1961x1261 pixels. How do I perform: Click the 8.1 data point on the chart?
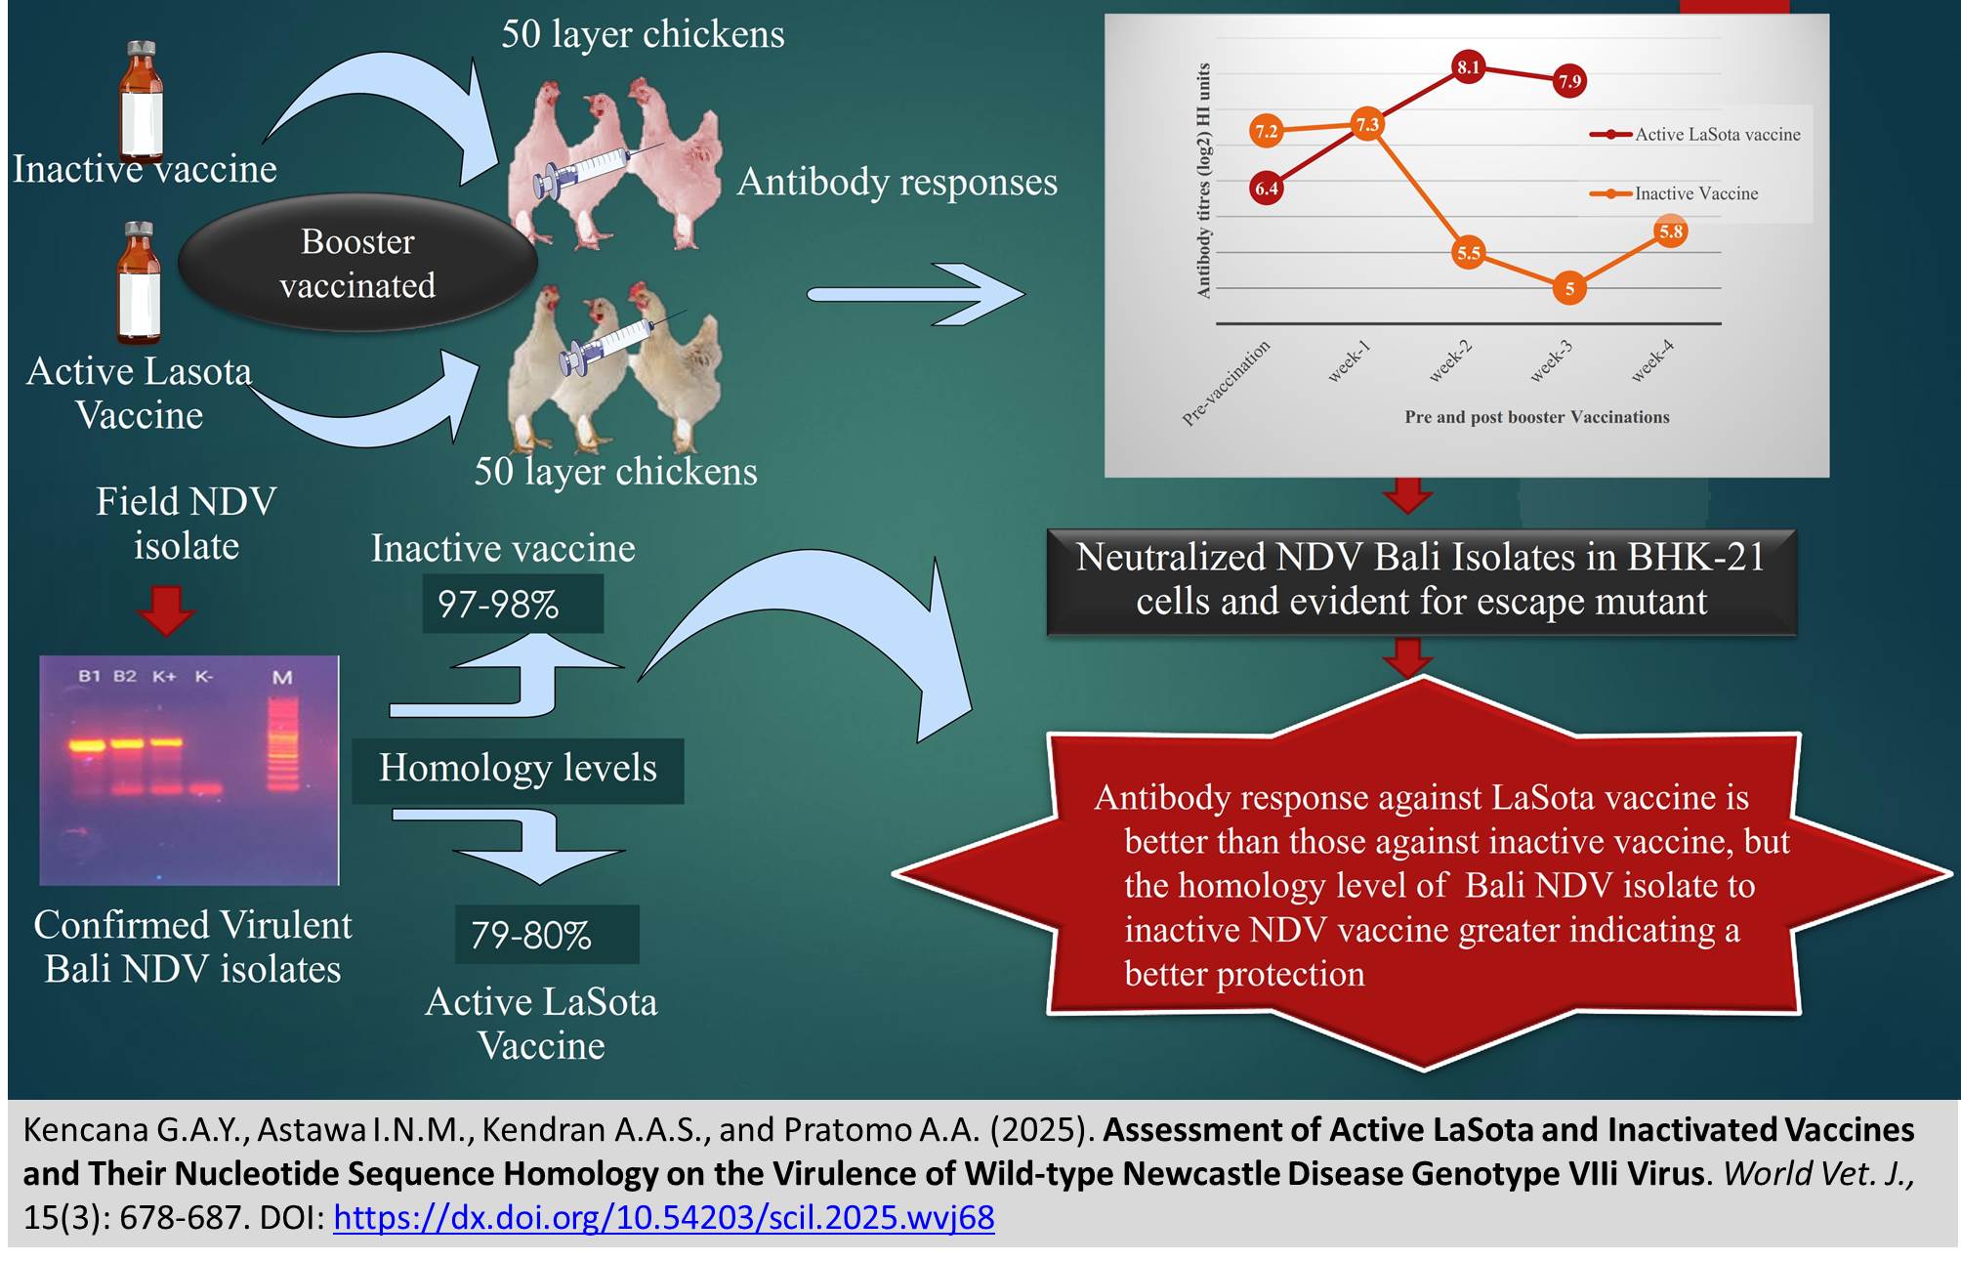pyautogui.click(x=1468, y=67)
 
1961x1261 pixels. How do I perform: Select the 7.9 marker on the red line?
pyautogui.click(x=1568, y=81)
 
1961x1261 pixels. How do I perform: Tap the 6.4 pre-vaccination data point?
pyautogui.click(x=1266, y=189)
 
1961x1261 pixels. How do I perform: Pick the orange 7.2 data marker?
pyautogui.click(x=1266, y=131)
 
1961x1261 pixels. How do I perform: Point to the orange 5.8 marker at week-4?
pyautogui.click(x=1671, y=231)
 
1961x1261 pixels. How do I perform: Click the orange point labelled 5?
pyautogui.click(x=1568, y=288)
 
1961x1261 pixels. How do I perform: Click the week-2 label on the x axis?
pyautogui.click(x=1450, y=361)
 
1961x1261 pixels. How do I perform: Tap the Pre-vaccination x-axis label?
pyautogui.click(x=1227, y=383)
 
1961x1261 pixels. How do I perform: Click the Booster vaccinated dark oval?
pyautogui.click(x=357, y=263)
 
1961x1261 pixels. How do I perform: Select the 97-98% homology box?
pyautogui.click(x=512, y=604)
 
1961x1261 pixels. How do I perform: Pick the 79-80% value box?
pyautogui.click(x=546, y=935)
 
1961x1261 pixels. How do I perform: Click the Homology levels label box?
pyautogui.click(x=518, y=769)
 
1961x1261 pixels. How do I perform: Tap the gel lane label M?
pyautogui.click(x=282, y=677)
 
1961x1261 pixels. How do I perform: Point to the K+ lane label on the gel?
pyautogui.click(x=164, y=676)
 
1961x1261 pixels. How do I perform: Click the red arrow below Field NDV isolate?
pyautogui.click(x=166, y=610)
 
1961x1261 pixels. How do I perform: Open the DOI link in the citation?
pyautogui.click(x=664, y=1217)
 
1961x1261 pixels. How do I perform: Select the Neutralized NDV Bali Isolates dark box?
pyautogui.click(x=1421, y=580)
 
